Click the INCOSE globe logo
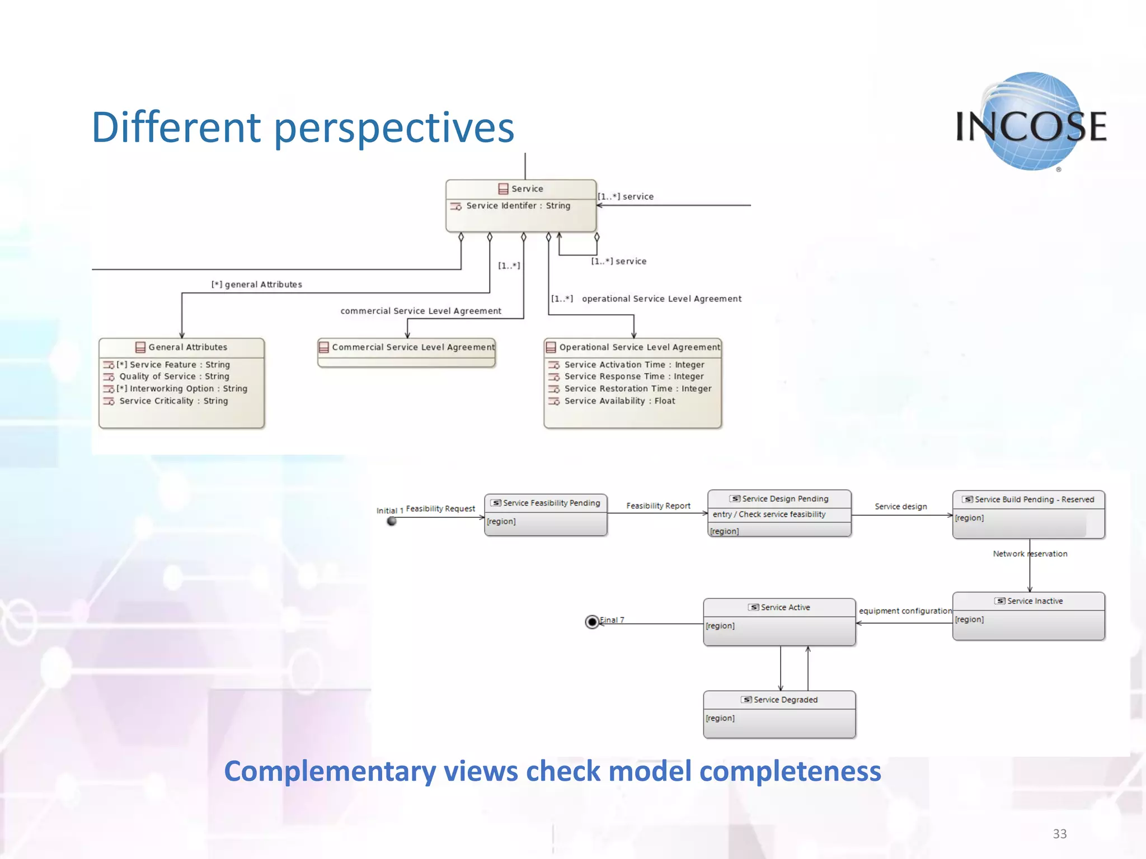pyautogui.click(x=1031, y=122)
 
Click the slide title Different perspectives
pyautogui.click(x=303, y=128)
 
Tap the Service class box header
pyautogui.click(x=521, y=189)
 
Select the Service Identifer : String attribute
pyautogui.click(x=518, y=206)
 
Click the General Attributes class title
pyautogui.click(x=187, y=347)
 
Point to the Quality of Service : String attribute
pyautogui.click(x=174, y=377)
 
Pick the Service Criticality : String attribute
pyautogui.click(x=173, y=401)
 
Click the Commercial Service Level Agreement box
pyautogui.click(x=407, y=352)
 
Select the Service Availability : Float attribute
pyautogui.click(x=619, y=401)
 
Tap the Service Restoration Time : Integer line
pyautogui.click(x=637, y=389)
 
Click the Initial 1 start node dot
pyautogui.click(x=392, y=521)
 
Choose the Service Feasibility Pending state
pyautogui.click(x=546, y=515)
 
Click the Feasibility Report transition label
pyautogui.click(x=658, y=506)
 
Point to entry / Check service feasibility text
pyautogui.click(x=769, y=515)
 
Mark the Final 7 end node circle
pyautogui.click(x=592, y=622)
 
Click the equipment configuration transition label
pyautogui.click(x=905, y=611)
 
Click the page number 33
pyautogui.click(x=1059, y=834)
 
